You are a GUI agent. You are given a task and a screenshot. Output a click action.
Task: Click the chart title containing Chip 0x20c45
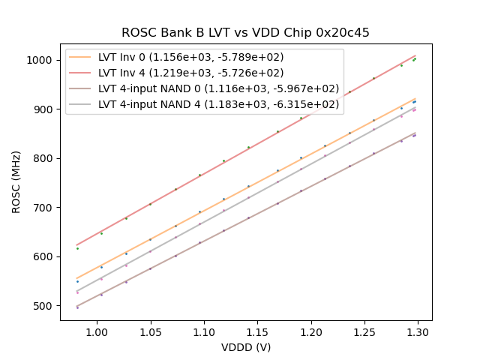pyautogui.click(x=245, y=33)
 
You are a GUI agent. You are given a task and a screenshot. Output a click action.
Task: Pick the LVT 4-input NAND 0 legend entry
pyautogui.click(x=219, y=88)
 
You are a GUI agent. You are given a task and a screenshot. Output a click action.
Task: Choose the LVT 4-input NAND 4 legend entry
pyautogui.click(x=219, y=104)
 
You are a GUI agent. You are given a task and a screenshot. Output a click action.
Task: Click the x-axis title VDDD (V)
pyautogui.click(x=246, y=347)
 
